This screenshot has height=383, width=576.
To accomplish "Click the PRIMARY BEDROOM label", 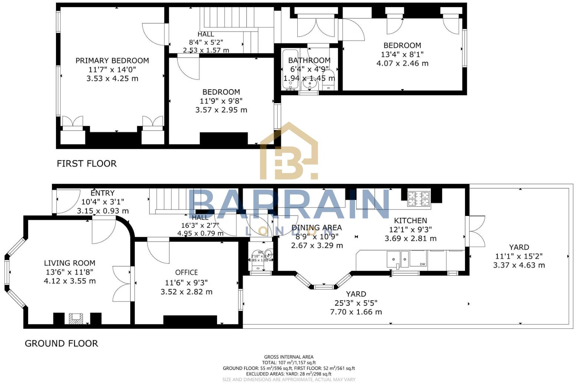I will point(112,60).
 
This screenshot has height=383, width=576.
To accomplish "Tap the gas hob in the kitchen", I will point(419,198).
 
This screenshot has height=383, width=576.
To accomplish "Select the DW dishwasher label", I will point(422,264).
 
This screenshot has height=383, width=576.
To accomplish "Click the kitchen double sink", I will point(397,259).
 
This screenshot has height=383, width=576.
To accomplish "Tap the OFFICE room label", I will point(186,272).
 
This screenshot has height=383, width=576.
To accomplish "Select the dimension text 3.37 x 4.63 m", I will point(519,265).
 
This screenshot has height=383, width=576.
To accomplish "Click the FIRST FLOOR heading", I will point(86,163).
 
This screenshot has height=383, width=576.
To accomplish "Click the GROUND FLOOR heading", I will point(61,343).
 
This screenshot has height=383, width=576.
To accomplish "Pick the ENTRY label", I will point(102,193).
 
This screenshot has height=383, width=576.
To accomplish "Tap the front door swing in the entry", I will point(68,202).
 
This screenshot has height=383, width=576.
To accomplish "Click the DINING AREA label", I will point(317,227).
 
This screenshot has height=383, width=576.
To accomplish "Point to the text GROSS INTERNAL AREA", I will point(288,357).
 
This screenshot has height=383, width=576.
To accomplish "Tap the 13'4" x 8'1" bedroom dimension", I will point(402,54).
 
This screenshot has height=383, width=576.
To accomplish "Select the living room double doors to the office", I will point(122,281).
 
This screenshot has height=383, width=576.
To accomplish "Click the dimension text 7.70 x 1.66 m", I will point(356,312).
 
